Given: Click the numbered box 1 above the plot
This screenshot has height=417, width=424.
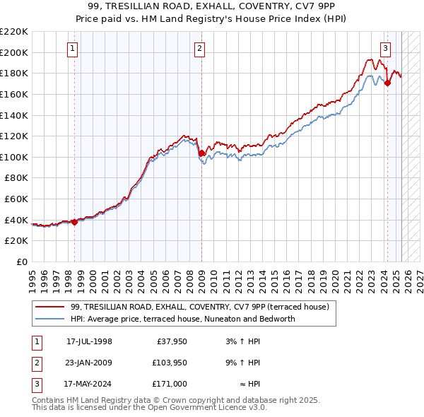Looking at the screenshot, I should click(x=74, y=49).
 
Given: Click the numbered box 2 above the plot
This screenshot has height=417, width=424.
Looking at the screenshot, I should click(x=200, y=49).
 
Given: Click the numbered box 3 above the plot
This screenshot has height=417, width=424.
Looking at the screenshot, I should click(x=385, y=49).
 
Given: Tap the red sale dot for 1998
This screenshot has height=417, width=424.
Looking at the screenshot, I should click(x=74, y=222).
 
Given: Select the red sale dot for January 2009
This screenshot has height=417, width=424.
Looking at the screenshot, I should click(x=201, y=153).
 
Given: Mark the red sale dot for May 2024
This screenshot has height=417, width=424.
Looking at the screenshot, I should click(x=387, y=83).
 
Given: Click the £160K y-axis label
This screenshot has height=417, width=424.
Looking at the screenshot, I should click(x=14, y=94).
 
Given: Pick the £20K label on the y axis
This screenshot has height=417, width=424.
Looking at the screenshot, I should click(x=17, y=241).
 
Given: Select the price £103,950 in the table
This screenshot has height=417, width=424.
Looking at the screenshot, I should click(x=168, y=363).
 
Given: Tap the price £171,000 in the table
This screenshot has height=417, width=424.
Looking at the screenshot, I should click(x=168, y=384).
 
